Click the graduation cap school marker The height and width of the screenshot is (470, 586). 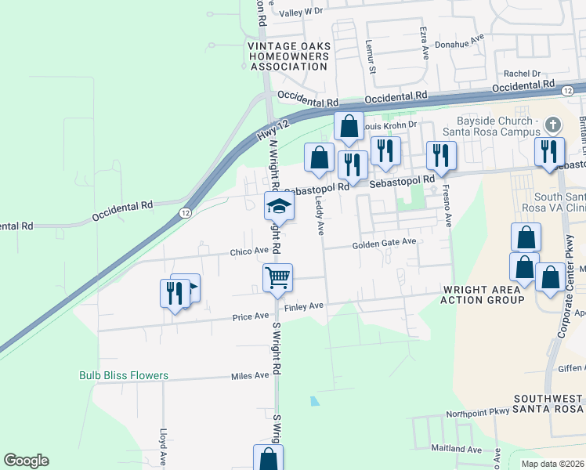tap(278, 207)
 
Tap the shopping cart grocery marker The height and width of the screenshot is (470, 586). tap(278, 277)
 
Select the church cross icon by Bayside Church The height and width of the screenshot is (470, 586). tap(553, 125)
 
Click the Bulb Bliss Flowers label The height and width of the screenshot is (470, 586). tap(124, 375)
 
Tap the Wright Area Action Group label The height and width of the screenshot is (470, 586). tap(482, 295)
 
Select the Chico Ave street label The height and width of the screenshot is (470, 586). tap(249, 251)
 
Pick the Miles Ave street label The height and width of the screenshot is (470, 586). tap(250, 376)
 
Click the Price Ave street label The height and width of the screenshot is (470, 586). tap(250, 317)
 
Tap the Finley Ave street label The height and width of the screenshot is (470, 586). tap(304, 306)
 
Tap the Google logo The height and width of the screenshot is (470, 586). tap(27, 461)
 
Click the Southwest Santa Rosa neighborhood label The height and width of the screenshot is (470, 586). tap(548, 404)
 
